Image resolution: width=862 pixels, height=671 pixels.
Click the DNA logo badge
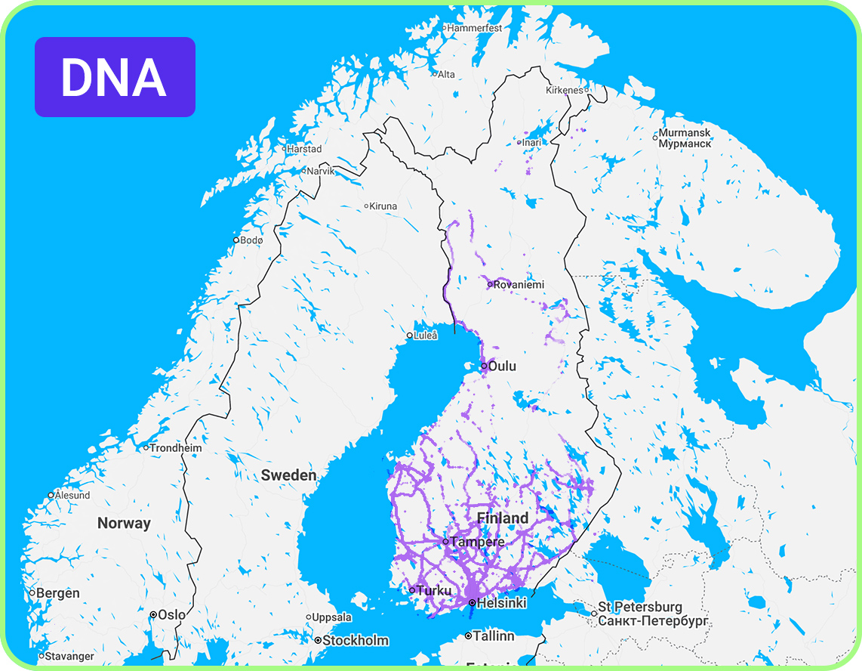115,77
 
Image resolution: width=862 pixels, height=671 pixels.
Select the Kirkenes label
565,90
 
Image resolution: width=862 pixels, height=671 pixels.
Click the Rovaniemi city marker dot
490,284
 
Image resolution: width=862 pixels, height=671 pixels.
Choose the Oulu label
502,366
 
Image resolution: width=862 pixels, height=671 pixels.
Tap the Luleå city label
426,335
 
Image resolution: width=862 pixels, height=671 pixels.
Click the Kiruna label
383,206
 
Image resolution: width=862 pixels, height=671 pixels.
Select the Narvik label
320,171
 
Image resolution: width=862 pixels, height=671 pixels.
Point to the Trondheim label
176,447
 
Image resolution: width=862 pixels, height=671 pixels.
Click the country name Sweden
288,475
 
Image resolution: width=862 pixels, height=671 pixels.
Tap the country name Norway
124,523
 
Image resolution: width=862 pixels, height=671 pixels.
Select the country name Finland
503,518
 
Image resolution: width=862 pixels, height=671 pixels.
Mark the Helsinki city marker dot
472,603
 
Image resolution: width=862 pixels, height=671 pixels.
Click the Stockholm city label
356,640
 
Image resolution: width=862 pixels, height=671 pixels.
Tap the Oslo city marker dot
153,615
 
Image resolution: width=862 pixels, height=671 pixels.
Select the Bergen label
58,593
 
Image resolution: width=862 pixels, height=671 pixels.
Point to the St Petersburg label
640,607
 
